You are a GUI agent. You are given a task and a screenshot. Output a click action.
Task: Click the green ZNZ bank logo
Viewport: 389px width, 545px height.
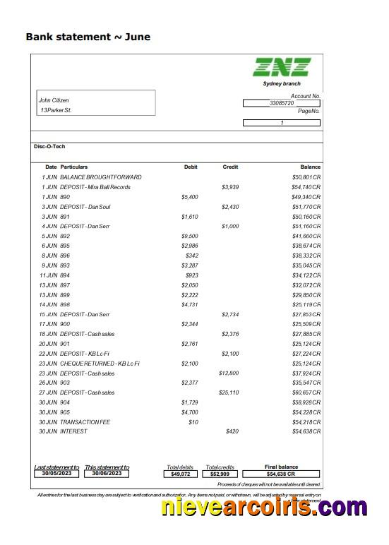coord(282,67)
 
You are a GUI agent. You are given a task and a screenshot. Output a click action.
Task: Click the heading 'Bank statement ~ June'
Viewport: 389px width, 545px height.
coord(88,37)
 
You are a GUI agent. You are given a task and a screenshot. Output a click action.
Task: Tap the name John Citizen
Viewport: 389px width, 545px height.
coord(54,100)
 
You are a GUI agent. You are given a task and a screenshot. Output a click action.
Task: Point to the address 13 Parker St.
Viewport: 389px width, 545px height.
coord(56,111)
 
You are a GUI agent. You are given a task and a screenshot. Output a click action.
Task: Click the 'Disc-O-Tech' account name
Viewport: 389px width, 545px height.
coord(49,146)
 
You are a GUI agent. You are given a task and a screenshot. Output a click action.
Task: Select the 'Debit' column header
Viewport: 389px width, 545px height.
coord(191,167)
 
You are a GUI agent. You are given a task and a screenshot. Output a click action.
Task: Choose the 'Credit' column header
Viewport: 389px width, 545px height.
coord(230,167)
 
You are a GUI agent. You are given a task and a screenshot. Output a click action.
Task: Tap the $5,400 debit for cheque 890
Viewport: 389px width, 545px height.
coord(190,197)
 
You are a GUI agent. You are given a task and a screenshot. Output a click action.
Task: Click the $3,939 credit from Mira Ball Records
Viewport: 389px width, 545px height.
coord(230,187)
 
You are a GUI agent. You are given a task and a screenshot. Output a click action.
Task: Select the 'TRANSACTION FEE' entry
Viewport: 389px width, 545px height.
coord(85,421)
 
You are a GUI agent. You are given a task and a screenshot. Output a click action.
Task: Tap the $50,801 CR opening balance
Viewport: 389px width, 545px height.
coord(306,176)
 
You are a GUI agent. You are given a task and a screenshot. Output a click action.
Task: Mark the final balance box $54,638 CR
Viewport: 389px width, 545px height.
coord(281,474)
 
